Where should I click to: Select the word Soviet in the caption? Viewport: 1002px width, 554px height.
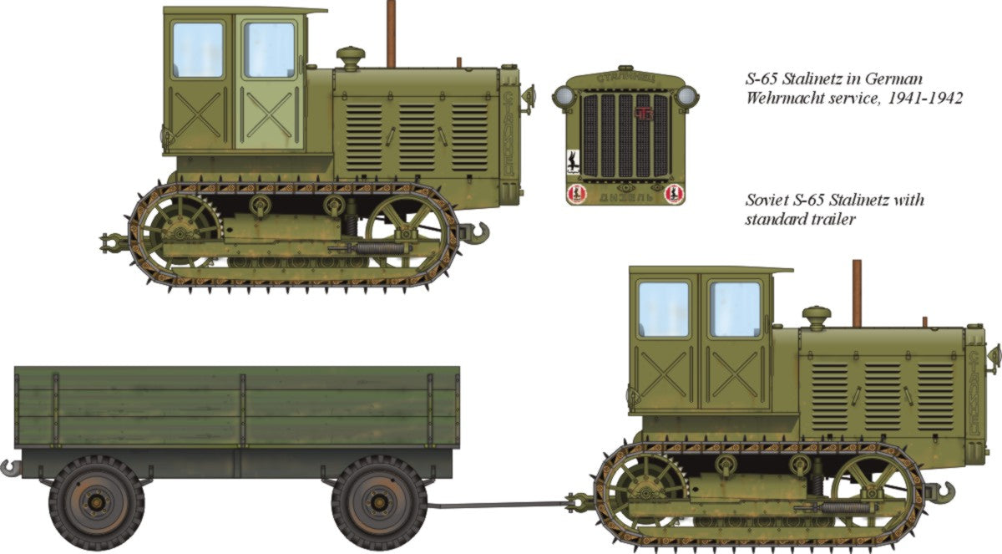[x=767, y=201]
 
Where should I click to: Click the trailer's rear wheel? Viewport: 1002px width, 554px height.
[x=97, y=503]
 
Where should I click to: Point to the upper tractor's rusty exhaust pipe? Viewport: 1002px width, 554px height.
[x=391, y=33]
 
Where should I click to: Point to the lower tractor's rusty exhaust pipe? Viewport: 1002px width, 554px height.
[x=856, y=292]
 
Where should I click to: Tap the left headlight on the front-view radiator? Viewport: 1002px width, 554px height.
[x=564, y=96]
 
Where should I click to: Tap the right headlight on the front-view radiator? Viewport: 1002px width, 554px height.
[x=686, y=96]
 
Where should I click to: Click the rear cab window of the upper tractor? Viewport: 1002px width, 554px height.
[x=198, y=50]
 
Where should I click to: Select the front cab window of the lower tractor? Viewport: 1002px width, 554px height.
[x=735, y=308]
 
